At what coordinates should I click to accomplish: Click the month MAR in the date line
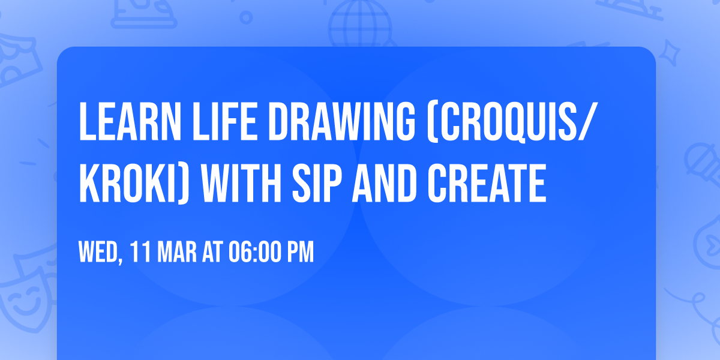pyautogui.click(x=178, y=252)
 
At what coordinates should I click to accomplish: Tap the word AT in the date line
pyautogui.click(x=212, y=252)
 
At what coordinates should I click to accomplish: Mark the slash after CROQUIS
pyautogui.click(x=589, y=122)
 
